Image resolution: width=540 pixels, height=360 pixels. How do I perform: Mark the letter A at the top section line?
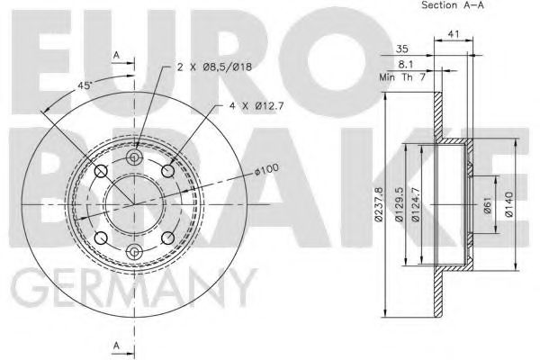pyautogui.click(x=117, y=56)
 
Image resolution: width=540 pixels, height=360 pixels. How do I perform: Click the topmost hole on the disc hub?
pyautogui.click(x=135, y=159)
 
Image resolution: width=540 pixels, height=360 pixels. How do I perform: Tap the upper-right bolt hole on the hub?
pyautogui.click(x=167, y=172)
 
